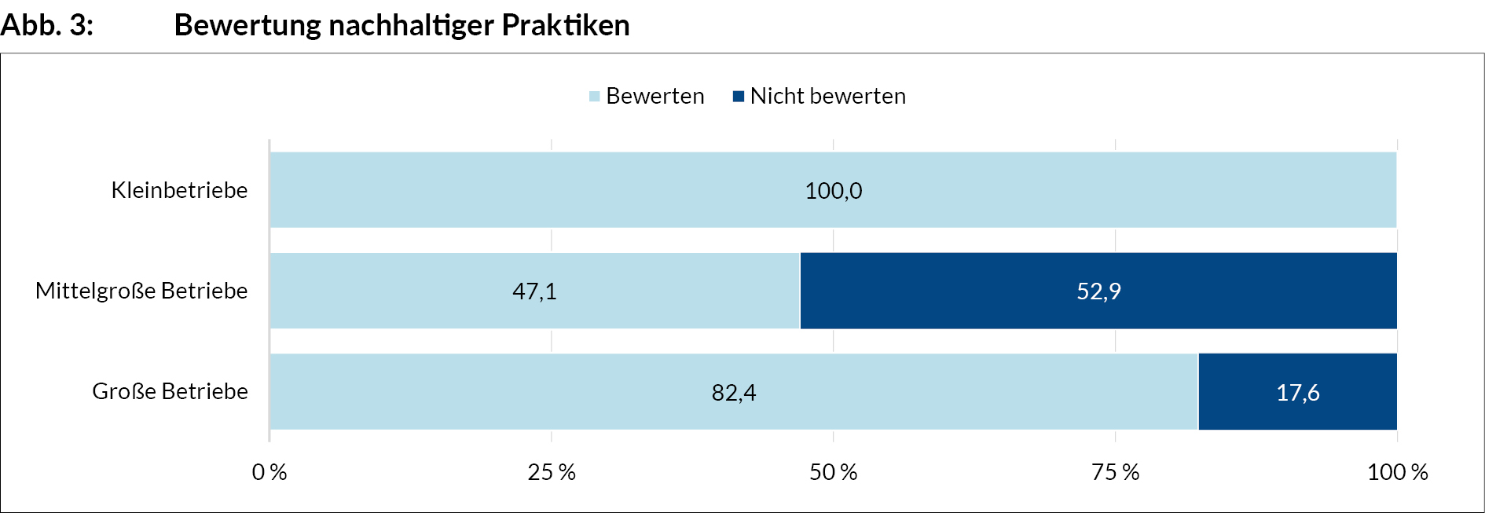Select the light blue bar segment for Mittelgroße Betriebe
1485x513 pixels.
(x=393, y=291)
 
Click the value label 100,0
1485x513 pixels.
(x=833, y=191)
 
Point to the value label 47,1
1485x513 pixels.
(x=534, y=291)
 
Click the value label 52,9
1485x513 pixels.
(x=1098, y=291)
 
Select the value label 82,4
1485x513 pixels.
(x=734, y=392)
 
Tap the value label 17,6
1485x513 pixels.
(x=1297, y=392)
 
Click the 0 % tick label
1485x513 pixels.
(x=269, y=472)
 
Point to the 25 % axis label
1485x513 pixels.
(x=551, y=472)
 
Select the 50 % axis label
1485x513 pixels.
(x=833, y=472)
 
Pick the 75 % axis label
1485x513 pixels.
(x=1115, y=472)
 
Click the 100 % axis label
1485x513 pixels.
(x=1397, y=472)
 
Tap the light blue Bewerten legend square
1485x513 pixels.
(x=595, y=97)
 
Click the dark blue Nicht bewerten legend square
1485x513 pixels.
(x=739, y=97)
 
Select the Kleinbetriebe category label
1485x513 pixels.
(x=179, y=190)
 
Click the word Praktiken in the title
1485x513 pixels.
(x=566, y=25)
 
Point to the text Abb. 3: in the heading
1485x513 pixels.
(x=47, y=25)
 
